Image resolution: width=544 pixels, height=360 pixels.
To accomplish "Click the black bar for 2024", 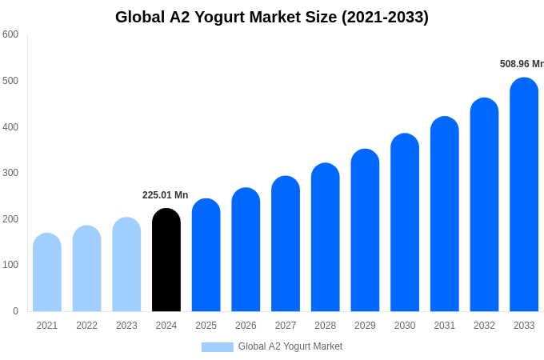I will tap(166, 260).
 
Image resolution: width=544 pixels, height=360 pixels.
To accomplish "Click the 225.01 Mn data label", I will tap(165, 195).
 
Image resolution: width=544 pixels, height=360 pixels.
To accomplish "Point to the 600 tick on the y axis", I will tap(10, 34).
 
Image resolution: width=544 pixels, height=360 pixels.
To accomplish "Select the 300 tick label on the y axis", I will tap(10, 173).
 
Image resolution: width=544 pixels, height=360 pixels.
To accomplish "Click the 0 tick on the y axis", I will tap(15, 311).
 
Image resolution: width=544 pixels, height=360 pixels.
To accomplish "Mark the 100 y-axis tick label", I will tap(10, 265).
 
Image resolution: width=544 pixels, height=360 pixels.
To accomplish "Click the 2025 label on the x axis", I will tap(206, 326).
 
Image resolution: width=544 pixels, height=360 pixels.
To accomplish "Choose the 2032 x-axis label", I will tap(484, 326).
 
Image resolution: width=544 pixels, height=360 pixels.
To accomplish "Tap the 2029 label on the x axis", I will tap(365, 326).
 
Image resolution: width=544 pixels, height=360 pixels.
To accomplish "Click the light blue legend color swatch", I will tap(217, 347).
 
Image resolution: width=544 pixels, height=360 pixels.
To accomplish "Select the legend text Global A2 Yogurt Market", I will tap(290, 346).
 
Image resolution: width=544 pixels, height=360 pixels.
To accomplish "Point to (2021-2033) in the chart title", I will tap(385, 17).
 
